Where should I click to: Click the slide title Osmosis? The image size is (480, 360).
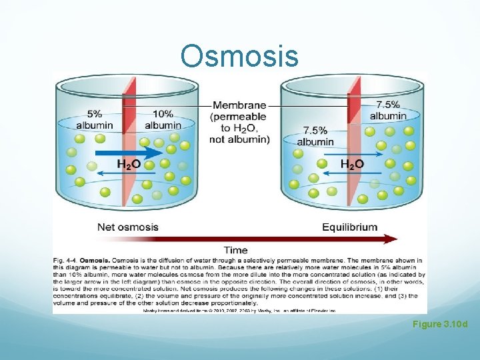239,56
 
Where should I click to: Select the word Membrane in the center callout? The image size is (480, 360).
239,105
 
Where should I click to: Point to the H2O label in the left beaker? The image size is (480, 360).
129,164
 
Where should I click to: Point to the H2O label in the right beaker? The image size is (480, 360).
352,164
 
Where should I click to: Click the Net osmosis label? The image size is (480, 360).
128,227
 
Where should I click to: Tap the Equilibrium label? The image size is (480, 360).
349,227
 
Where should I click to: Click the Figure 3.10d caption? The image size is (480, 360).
439,324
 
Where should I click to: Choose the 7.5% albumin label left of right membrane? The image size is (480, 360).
315,135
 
